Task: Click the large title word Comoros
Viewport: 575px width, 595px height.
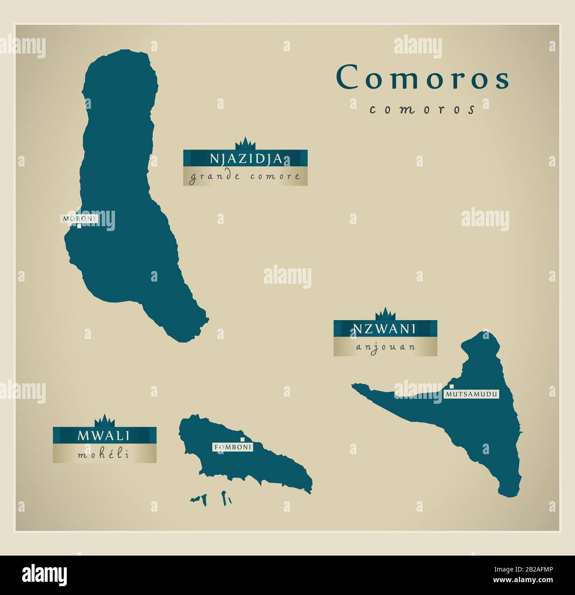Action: (423, 77)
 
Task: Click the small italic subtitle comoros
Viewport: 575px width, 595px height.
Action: (422, 109)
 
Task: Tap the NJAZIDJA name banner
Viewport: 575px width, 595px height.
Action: (245, 158)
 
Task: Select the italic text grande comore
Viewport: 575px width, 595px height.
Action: (245, 177)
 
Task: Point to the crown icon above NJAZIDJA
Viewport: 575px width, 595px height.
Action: (245, 144)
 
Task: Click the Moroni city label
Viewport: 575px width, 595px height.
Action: (79, 218)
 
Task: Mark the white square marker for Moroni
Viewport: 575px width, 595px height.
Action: (79, 226)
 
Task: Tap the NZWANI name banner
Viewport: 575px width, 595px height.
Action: (385, 328)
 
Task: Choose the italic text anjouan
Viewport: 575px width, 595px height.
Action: (385, 347)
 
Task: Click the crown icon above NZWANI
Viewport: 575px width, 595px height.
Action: (385, 314)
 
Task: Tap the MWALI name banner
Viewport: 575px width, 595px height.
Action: (104, 435)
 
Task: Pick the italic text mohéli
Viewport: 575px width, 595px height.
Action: (104, 454)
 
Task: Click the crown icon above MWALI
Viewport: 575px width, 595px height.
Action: (104, 421)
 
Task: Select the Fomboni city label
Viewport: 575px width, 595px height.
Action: (233, 447)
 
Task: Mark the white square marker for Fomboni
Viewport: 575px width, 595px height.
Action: (242, 438)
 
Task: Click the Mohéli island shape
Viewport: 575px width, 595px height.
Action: (265, 465)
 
